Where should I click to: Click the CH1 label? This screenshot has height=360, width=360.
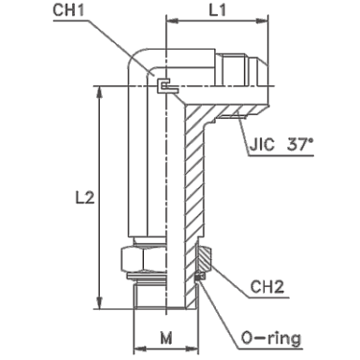tap(68, 11)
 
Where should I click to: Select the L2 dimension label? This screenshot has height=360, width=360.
tap(84, 198)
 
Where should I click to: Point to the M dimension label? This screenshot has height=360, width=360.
tap(166, 338)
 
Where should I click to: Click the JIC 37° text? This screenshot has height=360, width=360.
tap(281, 146)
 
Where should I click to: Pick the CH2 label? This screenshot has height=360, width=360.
tap(267, 287)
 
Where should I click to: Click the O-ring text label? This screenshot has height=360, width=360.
tap(271, 338)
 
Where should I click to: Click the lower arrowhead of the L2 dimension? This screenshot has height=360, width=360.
tap(100, 303)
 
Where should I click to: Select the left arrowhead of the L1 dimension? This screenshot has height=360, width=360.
tap(172, 21)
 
